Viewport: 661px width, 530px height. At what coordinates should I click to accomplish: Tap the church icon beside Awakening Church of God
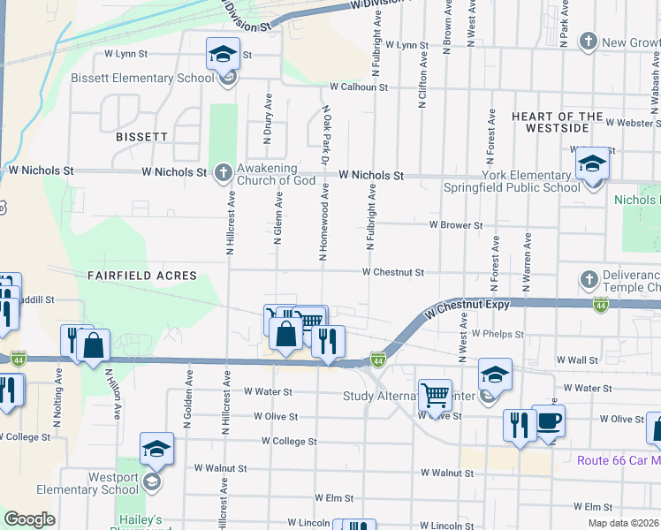[224, 171]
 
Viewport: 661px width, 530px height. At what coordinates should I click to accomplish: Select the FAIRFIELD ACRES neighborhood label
[141, 276]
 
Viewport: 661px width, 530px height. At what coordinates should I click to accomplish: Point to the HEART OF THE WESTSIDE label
[558, 123]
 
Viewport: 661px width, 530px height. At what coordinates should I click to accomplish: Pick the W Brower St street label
[455, 225]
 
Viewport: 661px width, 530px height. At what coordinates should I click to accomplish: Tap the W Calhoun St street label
[359, 87]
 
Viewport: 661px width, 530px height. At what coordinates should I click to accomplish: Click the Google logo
[29, 519]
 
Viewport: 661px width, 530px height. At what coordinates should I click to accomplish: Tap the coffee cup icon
[548, 420]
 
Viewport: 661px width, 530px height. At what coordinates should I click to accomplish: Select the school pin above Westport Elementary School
[156, 448]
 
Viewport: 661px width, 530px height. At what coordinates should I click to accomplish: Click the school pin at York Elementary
[592, 163]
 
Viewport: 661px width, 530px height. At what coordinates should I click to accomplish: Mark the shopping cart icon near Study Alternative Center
[435, 395]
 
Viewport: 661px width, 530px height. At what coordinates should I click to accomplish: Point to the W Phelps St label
[498, 335]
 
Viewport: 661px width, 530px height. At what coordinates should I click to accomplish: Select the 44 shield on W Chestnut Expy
[601, 305]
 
